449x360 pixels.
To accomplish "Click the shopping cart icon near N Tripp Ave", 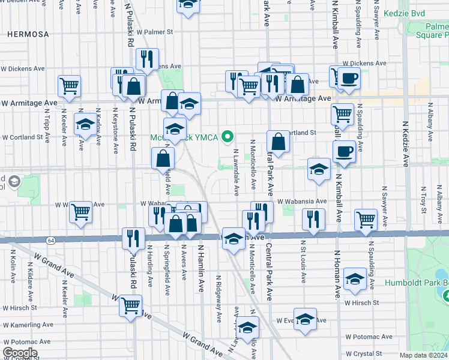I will (70, 86).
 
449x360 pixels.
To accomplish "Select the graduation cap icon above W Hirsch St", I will (355, 279).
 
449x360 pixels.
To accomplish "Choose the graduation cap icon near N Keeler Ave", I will (85, 125).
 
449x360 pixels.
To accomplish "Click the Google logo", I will (20, 353).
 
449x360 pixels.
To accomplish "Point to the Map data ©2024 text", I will (423, 355).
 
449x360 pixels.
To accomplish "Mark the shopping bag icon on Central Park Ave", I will (278, 142).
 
